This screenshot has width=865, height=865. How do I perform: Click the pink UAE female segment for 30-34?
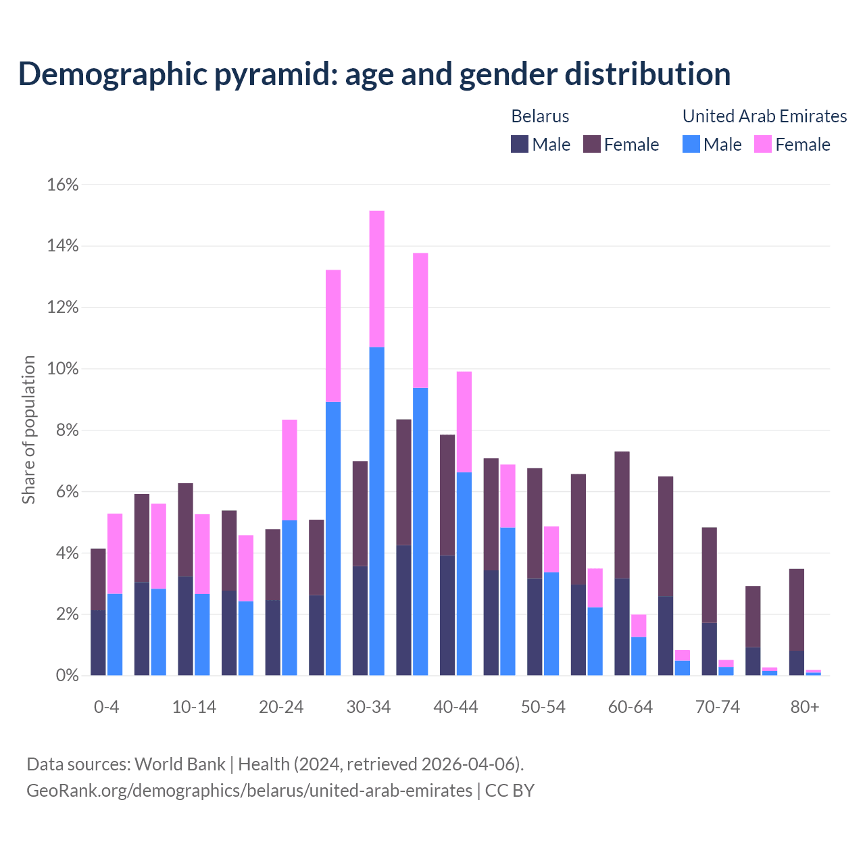(x=377, y=278)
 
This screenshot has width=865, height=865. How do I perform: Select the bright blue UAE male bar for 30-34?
(x=377, y=511)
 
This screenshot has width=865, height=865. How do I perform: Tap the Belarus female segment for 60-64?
(x=622, y=514)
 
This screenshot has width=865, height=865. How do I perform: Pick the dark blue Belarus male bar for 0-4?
(x=98, y=643)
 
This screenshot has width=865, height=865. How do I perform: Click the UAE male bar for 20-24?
(x=289, y=597)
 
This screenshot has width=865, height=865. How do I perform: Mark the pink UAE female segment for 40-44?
(x=464, y=422)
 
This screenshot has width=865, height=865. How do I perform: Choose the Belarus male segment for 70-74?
(x=710, y=649)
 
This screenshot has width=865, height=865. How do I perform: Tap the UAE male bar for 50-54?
(x=551, y=624)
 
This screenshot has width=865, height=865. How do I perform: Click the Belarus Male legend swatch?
(x=520, y=144)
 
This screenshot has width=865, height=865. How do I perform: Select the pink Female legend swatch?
(x=763, y=144)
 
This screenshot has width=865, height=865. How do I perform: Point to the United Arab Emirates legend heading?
(x=764, y=116)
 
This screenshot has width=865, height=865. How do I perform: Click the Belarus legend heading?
(x=540, y=116)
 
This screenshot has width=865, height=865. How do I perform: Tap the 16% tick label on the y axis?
(x=63, y=184)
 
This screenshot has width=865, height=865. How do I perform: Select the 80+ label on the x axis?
(x=805, y=707)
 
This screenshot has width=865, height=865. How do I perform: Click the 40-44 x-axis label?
(x=455, y=707)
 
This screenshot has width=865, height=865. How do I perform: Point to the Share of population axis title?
(x=29, y=430)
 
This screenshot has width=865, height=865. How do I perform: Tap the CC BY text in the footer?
(x=510, y=790)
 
